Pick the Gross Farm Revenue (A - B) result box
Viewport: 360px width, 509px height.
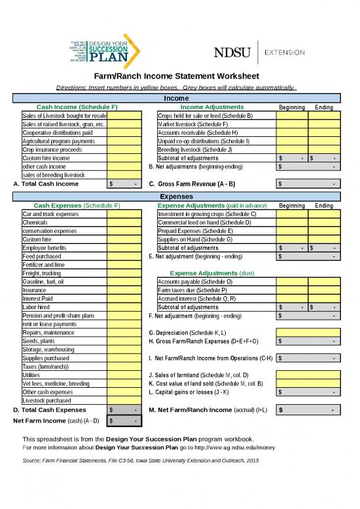(308, 184)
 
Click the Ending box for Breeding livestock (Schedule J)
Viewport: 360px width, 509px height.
(324, 149)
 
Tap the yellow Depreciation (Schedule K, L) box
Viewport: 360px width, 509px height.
(308, 332)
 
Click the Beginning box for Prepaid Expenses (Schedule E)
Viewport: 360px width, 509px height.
(291, 231)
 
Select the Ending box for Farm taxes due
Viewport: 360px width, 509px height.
(324, 290)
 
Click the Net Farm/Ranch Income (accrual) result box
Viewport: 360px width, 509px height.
(308, 410)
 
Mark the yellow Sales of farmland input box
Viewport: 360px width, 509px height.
(308, 375)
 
